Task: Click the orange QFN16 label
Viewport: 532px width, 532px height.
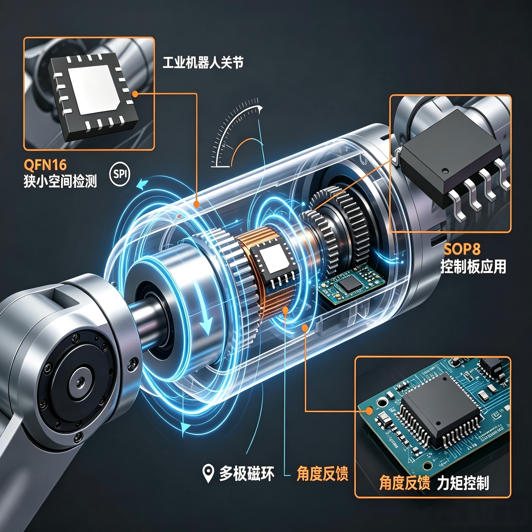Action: pyautogui.click(x=45, y=165)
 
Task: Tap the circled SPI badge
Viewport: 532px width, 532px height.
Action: pyautogui.click(x=120, y=174)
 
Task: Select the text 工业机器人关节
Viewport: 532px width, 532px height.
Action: pyautogui.click(x=203, y=63)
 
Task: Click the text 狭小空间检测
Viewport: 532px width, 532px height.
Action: pyautogui.click(x=60, y=182)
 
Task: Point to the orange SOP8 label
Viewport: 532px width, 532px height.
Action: pyautogui.click(x=462, y=249)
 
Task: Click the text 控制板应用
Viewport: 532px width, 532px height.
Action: pyautogui.click(x=473, y=267)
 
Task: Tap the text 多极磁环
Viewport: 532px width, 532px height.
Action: pyautogui.click(x=247, y=474)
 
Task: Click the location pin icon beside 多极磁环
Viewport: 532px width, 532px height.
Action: pyautogui.click(x=208, y=473)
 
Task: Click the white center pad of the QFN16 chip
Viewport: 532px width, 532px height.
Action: pyautogui.click(x=94, y=90)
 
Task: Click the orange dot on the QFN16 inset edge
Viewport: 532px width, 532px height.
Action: pyautogui.click(x=135, y=94)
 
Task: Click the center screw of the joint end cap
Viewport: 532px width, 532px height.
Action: pyautogui.click(x=80, y=382)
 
